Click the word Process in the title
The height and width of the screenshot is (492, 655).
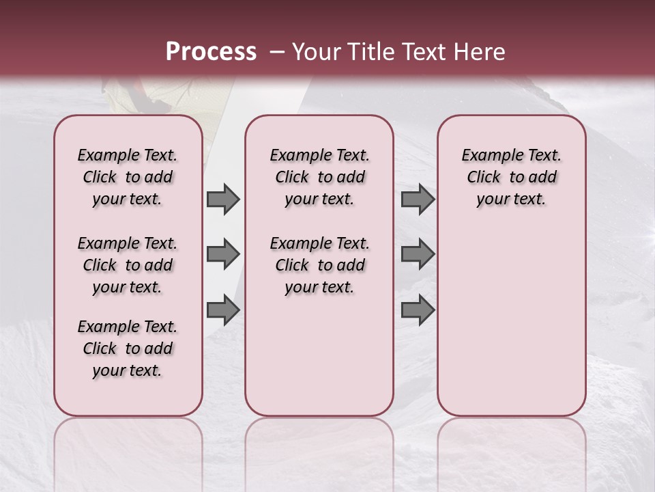coord(211,52)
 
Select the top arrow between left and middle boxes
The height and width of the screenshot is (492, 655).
coord(223,200)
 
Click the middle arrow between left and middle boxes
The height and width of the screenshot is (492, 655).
coord(223,255)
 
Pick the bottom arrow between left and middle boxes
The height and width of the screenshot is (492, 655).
coord(223,310)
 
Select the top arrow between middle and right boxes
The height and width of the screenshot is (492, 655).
coord(418,200)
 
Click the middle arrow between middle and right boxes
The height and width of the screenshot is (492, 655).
coord(418,255)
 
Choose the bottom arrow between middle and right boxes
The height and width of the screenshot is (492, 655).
coord(418,310)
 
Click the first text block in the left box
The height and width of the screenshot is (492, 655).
coord(127,177)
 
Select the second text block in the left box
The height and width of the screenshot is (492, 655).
coord(127,265)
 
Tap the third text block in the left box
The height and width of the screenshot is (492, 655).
coord(127,348)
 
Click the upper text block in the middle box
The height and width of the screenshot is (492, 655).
coord(319,177)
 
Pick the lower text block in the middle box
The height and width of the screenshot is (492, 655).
coord(319,265)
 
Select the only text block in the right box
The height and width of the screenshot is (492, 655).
coord(511,177)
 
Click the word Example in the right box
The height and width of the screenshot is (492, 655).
coord(486,156)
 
